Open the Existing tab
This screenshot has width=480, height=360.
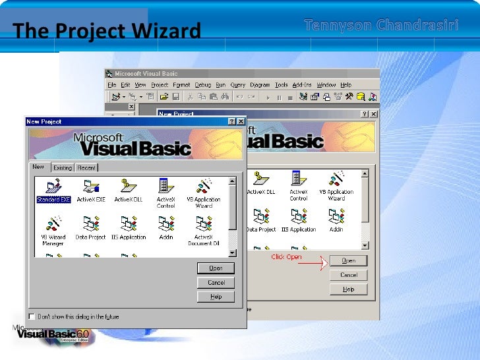pyautogui.click(x=63, y=167)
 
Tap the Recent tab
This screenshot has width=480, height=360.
pyautogui.click(x=86, y=167)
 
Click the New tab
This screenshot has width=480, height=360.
pyautogui.click(x=39, y=167)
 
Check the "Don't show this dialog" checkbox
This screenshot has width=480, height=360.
pyautogui.click(x=32, y=316)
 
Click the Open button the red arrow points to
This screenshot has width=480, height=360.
pyautogui.click(x=349, y=260)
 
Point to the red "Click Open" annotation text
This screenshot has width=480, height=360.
pyautogui.click(x=286, y=257)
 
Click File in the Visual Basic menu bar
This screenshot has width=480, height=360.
pyautogui.click(x=112, y=85)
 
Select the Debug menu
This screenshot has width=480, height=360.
pyautogui.click(x=202, y=85)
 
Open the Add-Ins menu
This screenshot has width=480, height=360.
pyautogui.click(x=303, y=85)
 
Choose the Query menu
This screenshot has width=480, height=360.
pyautogui.click(x=238, y=85)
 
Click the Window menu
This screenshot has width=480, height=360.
pyautogui.click(x=326, y=85)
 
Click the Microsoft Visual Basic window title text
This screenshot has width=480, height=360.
pyautogui.click(x=146, y=74)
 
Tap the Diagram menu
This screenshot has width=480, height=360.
pyautogui.click(x=260, y=85)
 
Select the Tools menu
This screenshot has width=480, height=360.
pyautogui.click(x=282, y=85)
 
